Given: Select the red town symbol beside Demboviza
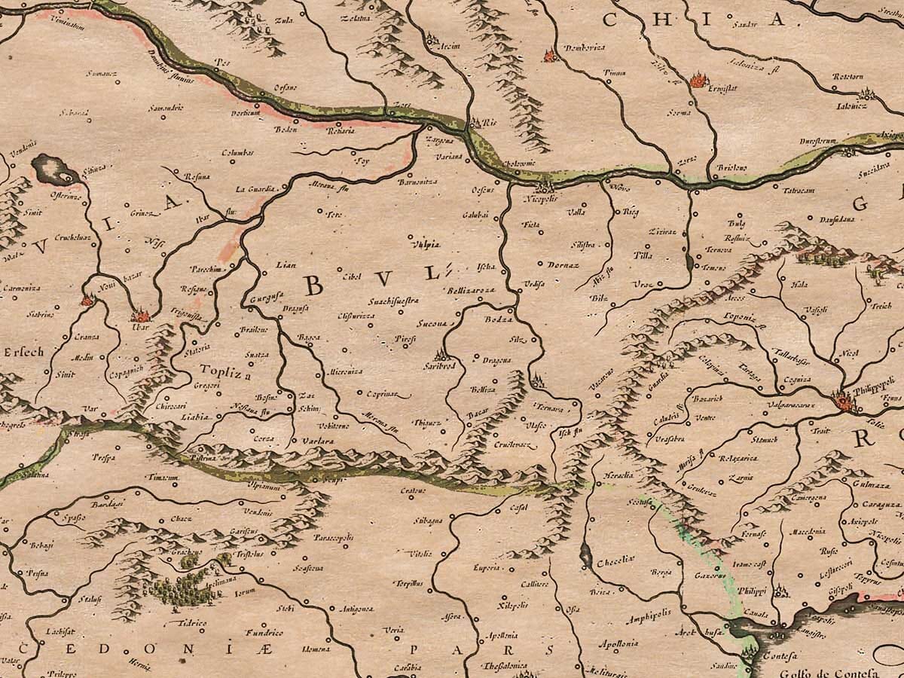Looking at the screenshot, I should point(548,54).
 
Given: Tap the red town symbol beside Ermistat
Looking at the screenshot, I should point(697,78).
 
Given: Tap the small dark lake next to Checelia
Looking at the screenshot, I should point(585,557).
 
